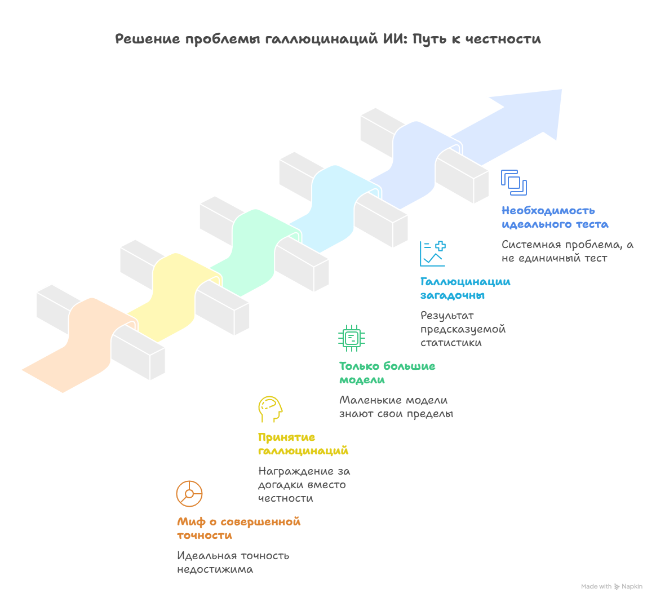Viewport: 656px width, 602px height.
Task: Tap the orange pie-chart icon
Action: (189, 494)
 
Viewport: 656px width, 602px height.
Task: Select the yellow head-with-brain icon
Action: (270, 409)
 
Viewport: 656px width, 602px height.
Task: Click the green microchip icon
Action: (352, 338)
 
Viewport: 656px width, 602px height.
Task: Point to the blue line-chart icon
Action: (433, 254)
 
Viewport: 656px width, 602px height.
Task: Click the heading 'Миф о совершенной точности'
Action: (238, 528)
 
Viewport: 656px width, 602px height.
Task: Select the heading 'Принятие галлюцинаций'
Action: (303, 444)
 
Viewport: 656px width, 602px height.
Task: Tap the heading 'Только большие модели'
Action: (387, 373)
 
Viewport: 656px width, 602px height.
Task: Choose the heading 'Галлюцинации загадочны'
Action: (466, 289)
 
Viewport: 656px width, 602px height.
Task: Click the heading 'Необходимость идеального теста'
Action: (555, 217)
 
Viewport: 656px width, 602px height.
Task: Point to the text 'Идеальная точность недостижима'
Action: (233, 563)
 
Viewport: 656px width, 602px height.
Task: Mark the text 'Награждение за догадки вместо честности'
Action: (304, 485)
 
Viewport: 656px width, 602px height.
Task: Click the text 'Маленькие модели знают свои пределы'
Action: (396, 407)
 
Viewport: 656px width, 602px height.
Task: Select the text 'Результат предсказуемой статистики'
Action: (463, 329)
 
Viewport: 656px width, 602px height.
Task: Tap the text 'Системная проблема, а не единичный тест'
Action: (567, 251)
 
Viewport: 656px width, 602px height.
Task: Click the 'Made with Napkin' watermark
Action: (611, 587)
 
